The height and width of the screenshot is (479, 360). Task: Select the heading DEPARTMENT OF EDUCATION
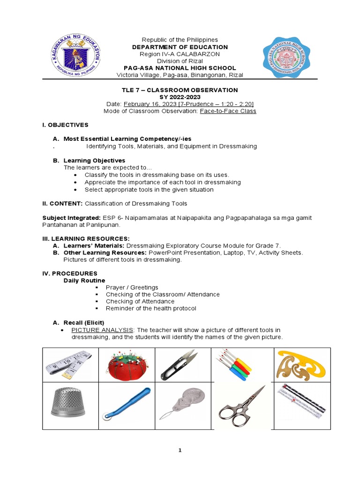click(x=180, y=47)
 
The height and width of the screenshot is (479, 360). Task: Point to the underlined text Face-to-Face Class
click(x=228, y=111)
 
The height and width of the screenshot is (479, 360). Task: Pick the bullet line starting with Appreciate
click(x=162, y=182)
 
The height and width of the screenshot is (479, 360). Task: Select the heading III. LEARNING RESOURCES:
click(x=86, y=239)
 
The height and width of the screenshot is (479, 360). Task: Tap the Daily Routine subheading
click(x=84, y=280)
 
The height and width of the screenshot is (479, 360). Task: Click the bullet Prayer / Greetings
click(x=132, y=287)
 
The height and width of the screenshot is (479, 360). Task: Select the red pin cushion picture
click(x=126, y=365)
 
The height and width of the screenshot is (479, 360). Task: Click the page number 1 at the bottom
click(x=180, y=450)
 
